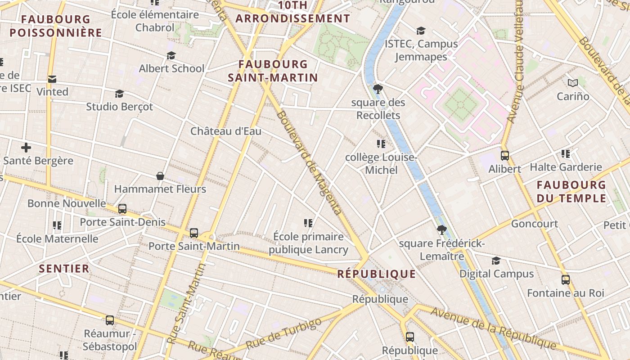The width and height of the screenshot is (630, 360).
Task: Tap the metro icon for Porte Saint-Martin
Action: coord(194,233)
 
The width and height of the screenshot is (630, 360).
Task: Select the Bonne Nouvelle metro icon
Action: coord(122,209)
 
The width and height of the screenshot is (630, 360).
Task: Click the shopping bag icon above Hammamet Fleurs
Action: coord(160,175)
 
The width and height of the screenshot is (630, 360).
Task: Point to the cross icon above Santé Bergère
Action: coord(26,147)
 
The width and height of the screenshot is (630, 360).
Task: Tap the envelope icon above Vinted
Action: coord(52,79)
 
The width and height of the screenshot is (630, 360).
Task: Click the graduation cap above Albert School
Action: coord(171,55)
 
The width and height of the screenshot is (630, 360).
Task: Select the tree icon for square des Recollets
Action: coord(378,89)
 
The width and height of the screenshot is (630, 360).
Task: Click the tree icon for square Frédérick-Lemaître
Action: coord(442,230)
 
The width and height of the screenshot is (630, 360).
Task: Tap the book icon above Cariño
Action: coord(572,83)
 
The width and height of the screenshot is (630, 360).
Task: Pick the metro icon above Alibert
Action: coord(505,156)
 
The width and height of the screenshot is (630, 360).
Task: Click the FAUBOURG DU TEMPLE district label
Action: coord(571,191)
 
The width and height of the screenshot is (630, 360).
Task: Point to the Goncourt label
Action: coord(534,224)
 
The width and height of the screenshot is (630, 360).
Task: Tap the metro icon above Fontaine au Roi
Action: coord(566,279)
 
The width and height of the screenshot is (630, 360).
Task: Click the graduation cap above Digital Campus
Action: coord(496,261)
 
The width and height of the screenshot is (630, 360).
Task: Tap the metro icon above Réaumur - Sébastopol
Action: coord(110,320)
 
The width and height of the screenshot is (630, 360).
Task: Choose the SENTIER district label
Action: coord(64,269)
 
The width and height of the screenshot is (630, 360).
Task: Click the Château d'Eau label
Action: coord(225,131)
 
